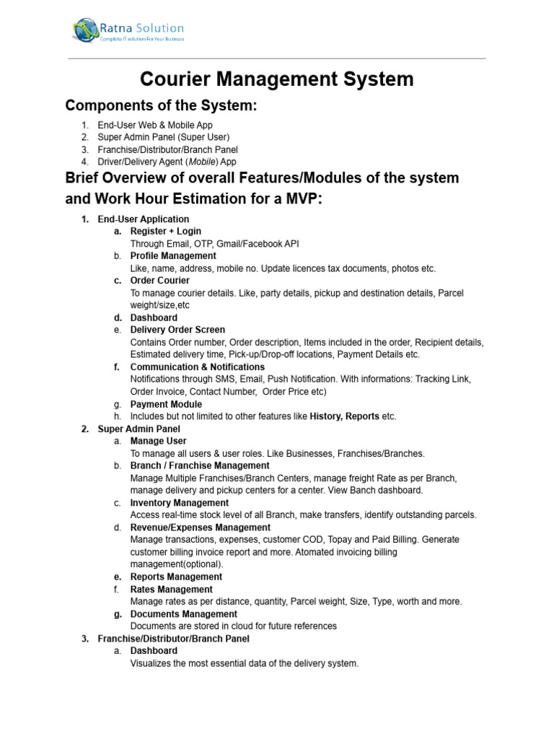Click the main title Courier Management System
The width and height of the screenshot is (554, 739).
click(276, 79)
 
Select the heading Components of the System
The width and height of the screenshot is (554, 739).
click(161, 106)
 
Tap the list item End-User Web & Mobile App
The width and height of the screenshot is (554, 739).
click(155, 125)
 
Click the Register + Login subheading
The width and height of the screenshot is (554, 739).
click(165, 231)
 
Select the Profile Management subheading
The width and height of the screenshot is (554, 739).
click(172, 255)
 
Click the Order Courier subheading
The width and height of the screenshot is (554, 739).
click(159, 280)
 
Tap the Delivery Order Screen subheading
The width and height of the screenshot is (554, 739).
click(177, 330)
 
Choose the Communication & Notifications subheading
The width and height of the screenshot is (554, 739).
click(197, 367)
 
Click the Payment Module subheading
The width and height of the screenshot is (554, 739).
click(166, 404)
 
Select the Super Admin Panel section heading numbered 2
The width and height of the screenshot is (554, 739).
click(138, 429)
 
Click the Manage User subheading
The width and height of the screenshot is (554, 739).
click(158, 441)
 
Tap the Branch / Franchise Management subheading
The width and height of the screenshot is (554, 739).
click(190, 465)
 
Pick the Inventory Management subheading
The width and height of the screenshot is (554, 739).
click(179, 502)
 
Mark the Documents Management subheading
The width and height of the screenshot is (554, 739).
click(183, 613)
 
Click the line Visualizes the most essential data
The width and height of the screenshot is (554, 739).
click(244, 663)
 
